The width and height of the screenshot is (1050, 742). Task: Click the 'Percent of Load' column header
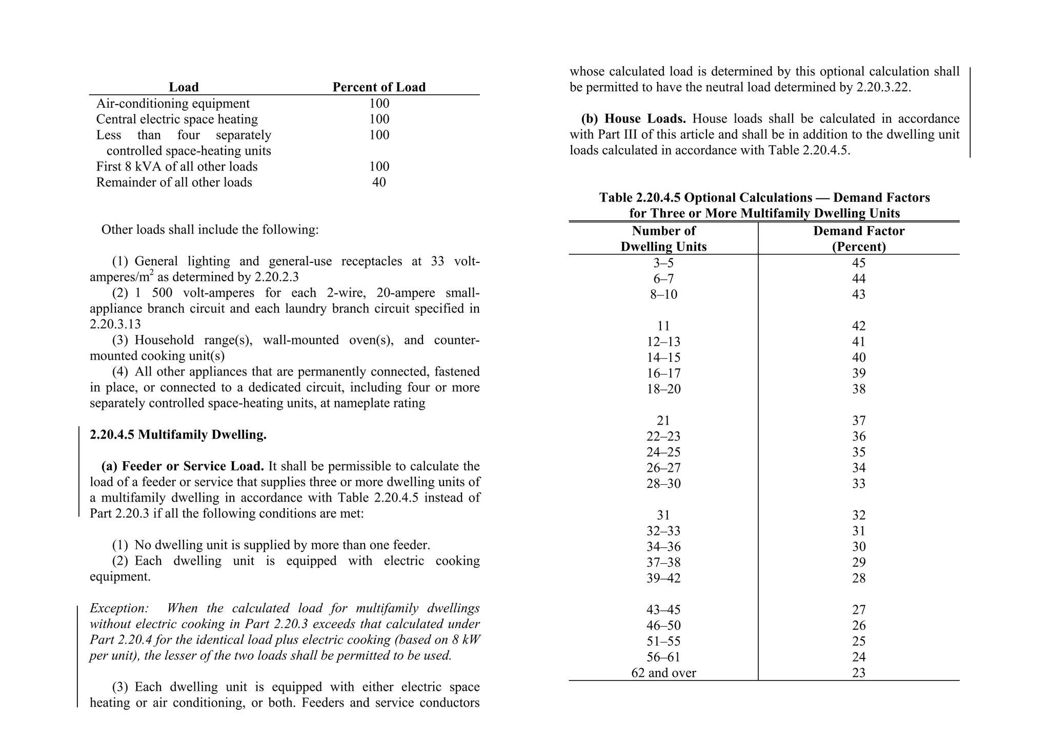click(x=379, y=87)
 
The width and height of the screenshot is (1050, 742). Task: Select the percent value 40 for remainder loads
click(x=379, y=182)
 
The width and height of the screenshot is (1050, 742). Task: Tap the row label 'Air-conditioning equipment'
click(x=173, y=104)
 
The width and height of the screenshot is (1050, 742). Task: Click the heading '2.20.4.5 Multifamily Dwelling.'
click(x=178, y=435)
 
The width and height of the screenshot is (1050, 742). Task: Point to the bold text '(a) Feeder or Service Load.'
click(x=183, y=466)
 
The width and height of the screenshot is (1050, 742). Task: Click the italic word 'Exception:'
click(x=119, y=608)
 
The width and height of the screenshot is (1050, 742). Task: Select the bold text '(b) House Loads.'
click(x=633, y=119)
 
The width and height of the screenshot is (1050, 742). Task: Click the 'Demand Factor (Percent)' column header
click(x=859, y=238)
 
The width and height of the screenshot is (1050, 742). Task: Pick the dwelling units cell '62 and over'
click(x=663, y=673)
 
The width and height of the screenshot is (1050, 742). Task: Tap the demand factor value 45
click(x=859, y=263)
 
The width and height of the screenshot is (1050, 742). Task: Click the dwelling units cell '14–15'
click(x=663, y=358)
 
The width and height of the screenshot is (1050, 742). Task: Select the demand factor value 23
click(x=859, y=673)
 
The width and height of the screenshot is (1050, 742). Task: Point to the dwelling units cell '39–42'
click(x=663, y=578)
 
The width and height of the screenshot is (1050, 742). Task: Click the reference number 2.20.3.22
click(x=882, y=88)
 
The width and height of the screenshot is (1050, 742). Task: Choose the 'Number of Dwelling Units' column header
click(x=663, y=238)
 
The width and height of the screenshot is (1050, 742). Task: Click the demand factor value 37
click(x=859, y=421)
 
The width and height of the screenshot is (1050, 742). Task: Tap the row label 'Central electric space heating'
click(x=177, y=119)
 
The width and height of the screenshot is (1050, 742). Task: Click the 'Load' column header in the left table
click(x=184, y=87)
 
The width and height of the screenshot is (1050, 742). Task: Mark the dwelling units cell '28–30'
click(x=663, y=484)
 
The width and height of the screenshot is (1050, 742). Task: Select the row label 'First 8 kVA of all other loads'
click(x=177, y=167)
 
